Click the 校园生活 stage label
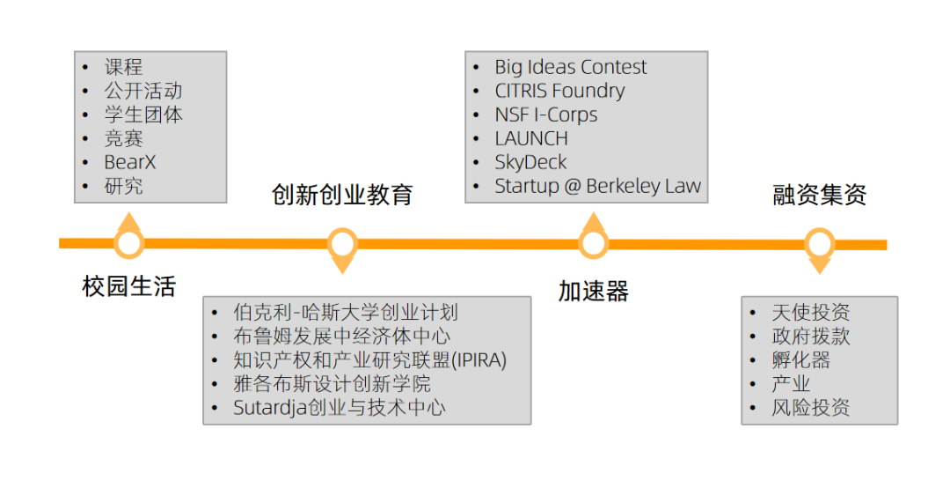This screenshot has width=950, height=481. (x=129, y=286)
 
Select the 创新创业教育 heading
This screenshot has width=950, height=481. (x=342, y=195)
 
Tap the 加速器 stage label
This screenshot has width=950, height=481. (x=594, y=292)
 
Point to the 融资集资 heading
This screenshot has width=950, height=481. (x=820, y=195)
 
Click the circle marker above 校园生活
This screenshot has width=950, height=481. (x=129, y=243)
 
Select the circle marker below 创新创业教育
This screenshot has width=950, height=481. (x=342, y=243)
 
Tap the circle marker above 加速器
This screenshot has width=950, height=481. (x=594, y=243)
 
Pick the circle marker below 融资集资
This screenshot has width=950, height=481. (x=820, y=243)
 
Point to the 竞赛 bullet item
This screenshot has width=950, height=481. (x=123, y=139)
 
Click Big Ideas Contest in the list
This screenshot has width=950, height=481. (x=570, y=67)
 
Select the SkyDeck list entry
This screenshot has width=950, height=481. (x=530, y=163)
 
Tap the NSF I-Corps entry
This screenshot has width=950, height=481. (x=545, y=115)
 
